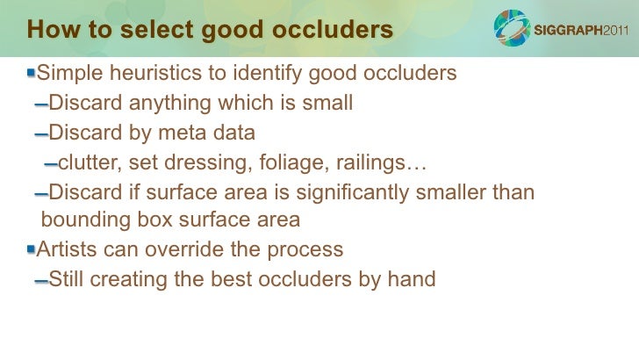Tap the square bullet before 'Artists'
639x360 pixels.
32,248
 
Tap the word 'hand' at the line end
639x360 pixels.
411,279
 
